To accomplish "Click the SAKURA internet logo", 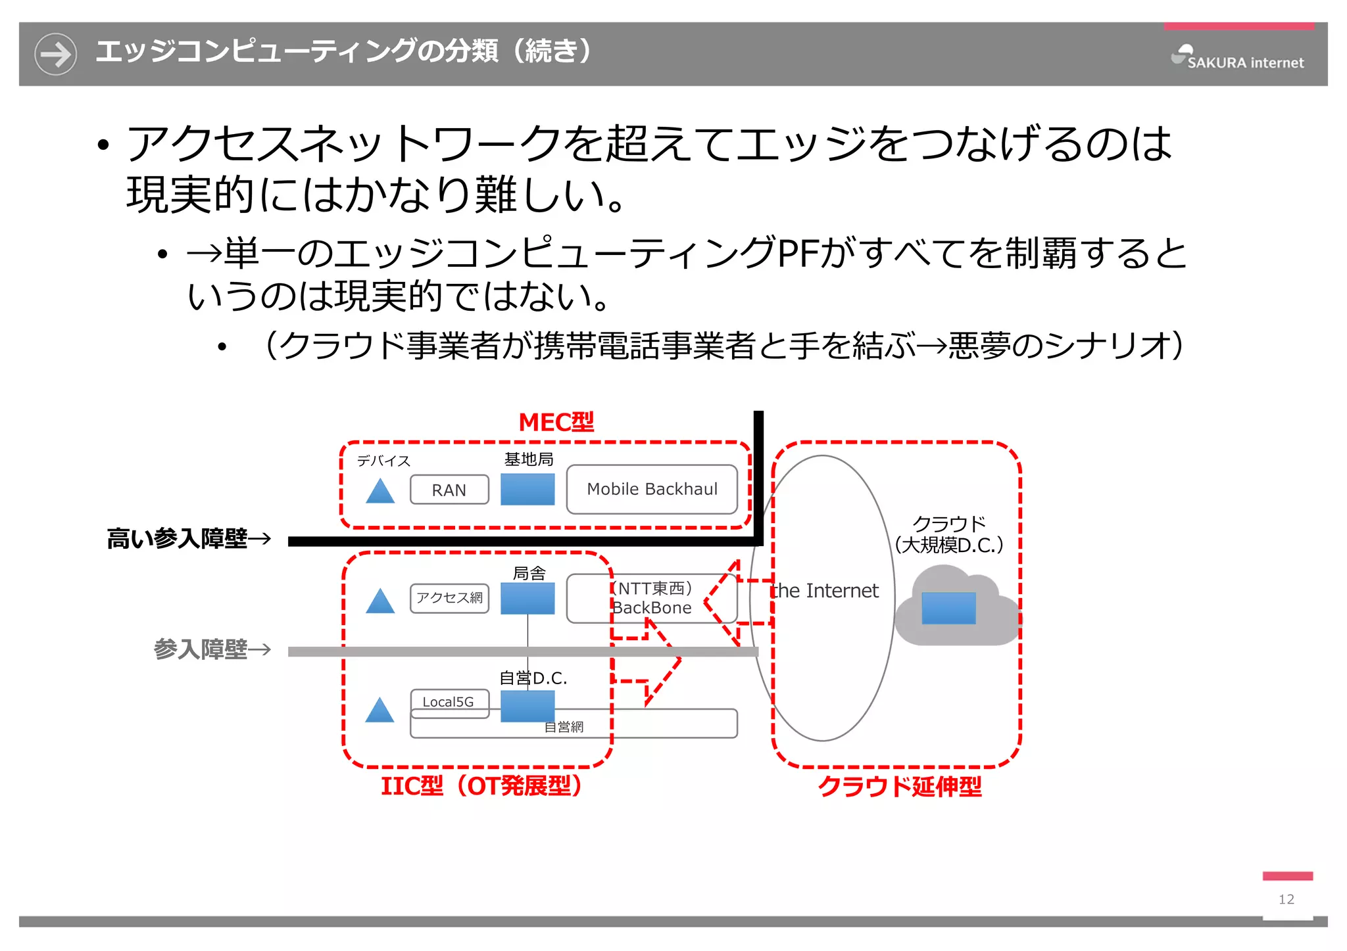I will (1237, 58).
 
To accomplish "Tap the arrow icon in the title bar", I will (55, 54).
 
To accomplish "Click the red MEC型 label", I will (556, 423).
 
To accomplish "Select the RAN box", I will (449, 490).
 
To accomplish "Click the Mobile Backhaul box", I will (652, 490).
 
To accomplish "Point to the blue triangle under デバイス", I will (380, 492).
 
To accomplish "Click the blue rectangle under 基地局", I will (527, 490).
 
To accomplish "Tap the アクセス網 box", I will (449, 598).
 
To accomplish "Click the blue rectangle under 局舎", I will (527, 599).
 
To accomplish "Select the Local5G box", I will (449, 702).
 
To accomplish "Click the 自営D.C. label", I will (533, 678).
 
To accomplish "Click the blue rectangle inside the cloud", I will (948, 608).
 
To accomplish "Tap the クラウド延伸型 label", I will (899, 786).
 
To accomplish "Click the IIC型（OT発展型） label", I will (481, 785).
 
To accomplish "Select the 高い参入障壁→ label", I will (189, 539).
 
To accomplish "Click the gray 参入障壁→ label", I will (212, 649).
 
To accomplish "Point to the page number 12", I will (1286, 899).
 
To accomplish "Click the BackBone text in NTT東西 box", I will (652, 608).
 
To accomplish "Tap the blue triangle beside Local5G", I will (380, 710).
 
